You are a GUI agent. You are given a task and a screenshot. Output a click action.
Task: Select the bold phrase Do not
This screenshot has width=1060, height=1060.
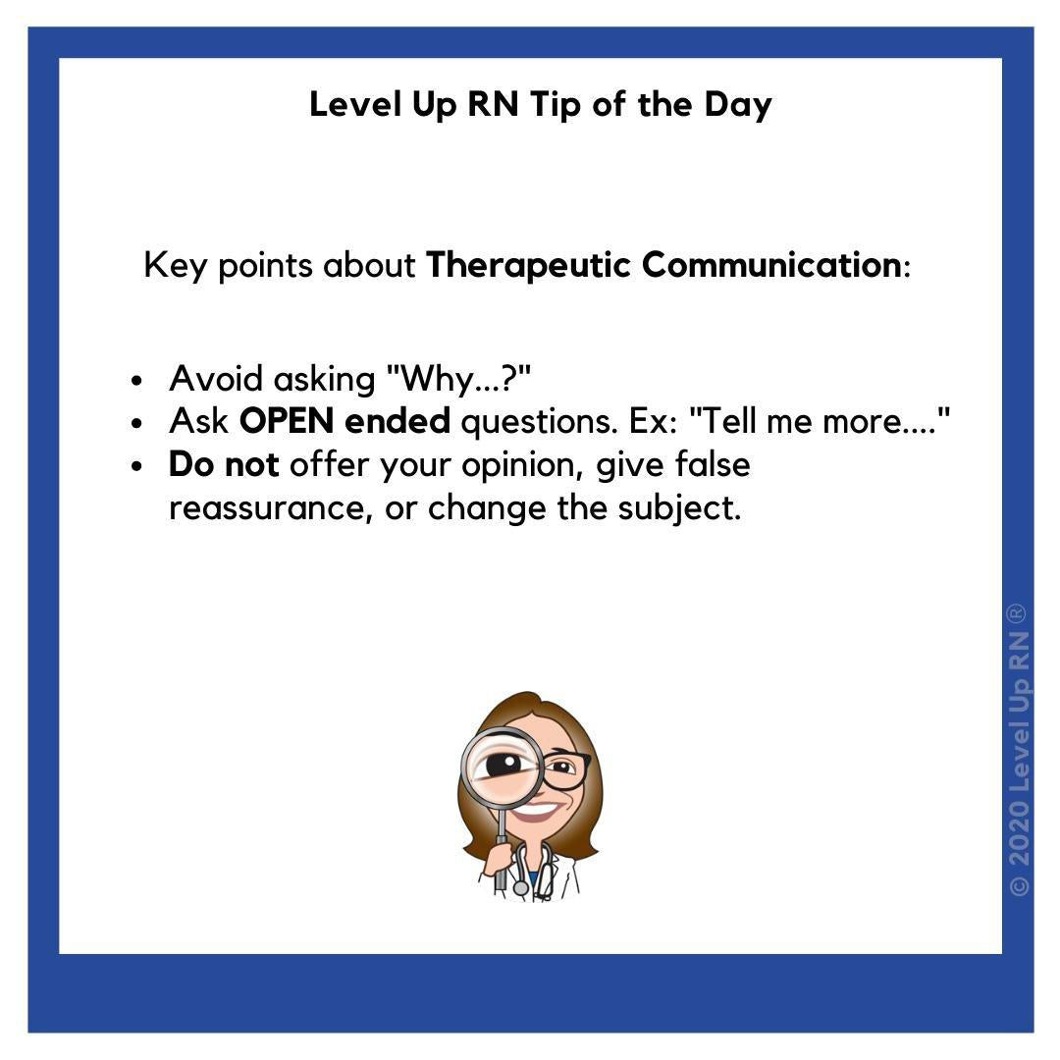pyautogui.click(x=224, y=464)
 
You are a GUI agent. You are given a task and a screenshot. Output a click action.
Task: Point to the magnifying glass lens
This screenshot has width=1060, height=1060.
pyautogui.click(x=502, y=765)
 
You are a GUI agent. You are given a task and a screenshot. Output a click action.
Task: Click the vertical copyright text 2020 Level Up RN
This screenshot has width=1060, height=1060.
pyautogui.click(x=1019, y=751)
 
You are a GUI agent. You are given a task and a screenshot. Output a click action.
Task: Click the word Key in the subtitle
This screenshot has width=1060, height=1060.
pyautogui.click(x=175, y=265)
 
